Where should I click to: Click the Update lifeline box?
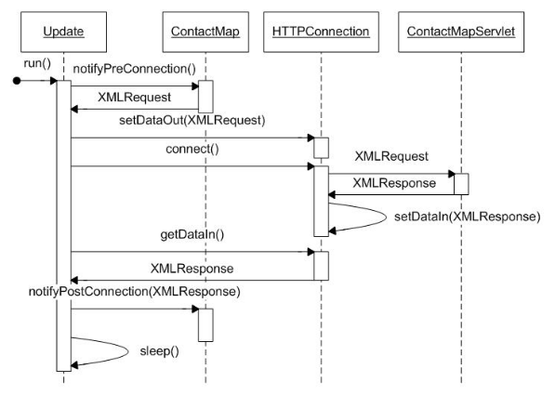click(x=64, y=32)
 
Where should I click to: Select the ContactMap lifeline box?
click(x=205, y=32)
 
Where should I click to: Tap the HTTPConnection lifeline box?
click(x=321, y=32)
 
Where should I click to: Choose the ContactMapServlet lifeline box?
click(x=461, y=32)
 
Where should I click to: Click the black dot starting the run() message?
click(x=17, y=81)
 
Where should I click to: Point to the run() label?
click(x=37, y=64)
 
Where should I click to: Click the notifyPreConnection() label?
click(x=134, y=69)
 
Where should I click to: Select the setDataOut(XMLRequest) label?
click(x=192, y=120)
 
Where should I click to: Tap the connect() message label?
click(x=192, y=149)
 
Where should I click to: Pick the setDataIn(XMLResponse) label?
click(x=468, y=217)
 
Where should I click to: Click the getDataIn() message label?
click(x=192, y=234)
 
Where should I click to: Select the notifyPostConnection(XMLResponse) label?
click(x=135, y=292)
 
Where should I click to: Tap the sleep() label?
click(x=159, y=351)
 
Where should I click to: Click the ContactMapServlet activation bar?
click(x=461, y=184)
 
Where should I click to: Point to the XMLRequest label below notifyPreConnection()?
click(x=134, y=98)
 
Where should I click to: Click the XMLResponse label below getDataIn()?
click(x=192, y=269)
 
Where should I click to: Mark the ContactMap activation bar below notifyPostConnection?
click(x=205, y=325)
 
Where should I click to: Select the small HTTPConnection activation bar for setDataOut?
click(x=322, y=148)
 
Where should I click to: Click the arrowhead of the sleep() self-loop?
click(x=74, y=365)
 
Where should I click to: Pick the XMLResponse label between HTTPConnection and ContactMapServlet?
click(x=394, y=183)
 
